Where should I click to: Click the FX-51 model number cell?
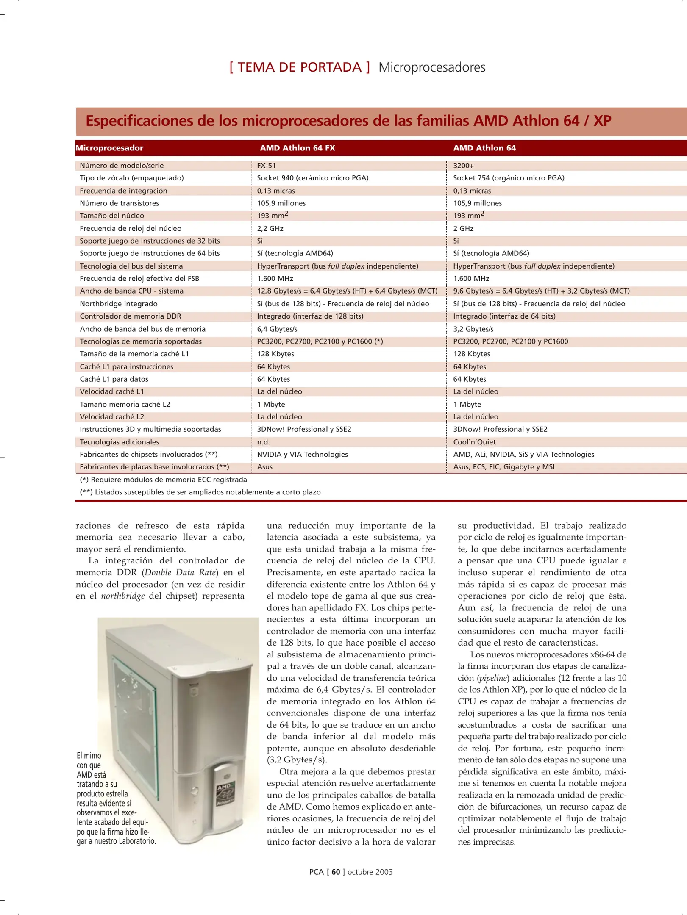tap(267, 166)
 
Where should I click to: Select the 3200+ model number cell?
tap(463, 166)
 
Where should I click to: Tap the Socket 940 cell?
tap(312, 178)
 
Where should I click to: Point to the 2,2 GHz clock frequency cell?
tap(270, 228)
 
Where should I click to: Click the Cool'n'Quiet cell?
tap(474, 442)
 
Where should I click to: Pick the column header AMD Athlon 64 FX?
tap(297, 148)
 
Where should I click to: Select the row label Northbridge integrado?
tap(118, 304)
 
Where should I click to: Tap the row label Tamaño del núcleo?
tap(112, 216)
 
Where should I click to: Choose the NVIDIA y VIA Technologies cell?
tap(302, 454)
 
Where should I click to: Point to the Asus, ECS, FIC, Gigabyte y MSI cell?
tap(503, 467)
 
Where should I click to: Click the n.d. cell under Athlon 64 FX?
tap(263, 442)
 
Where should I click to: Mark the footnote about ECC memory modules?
tap(163, 480)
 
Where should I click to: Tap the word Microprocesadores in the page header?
tap(432, 67)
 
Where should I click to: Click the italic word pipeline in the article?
tap(493, 678)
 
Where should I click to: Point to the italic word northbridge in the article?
tap(122, 596)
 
